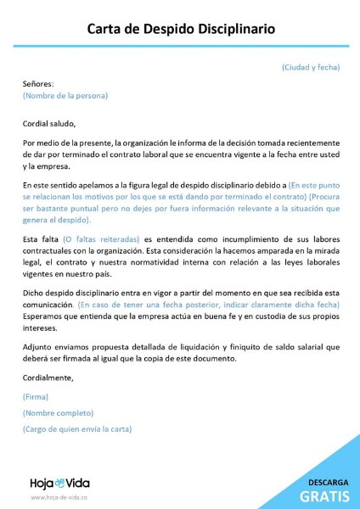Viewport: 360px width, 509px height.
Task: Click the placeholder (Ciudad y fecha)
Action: tap(310, 66)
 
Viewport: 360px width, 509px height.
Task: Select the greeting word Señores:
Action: tap(38, 84)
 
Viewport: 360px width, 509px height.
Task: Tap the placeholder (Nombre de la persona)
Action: tap(65, 96)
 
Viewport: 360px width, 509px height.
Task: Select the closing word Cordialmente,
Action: tap(48, 378)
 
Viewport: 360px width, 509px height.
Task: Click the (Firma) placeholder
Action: tap(36, 397)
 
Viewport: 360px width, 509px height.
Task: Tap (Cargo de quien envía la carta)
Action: tap(77, 430)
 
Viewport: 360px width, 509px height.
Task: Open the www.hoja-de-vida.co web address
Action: tap(59, 498)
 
